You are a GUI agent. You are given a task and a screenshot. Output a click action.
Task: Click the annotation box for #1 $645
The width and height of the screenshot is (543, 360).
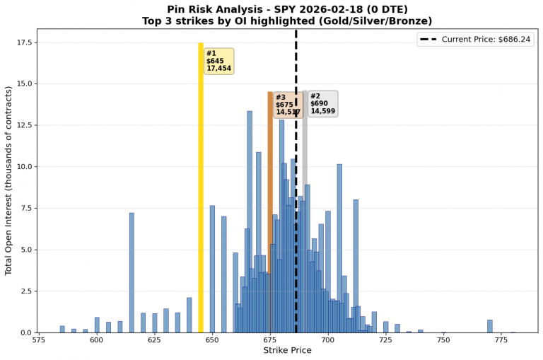218,61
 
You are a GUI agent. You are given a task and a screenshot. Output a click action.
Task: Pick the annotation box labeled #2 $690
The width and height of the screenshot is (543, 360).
322,103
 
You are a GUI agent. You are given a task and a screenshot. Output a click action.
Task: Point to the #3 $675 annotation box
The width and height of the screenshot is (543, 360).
288,104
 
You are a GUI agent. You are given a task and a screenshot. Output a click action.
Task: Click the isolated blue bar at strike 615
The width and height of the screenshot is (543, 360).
132,272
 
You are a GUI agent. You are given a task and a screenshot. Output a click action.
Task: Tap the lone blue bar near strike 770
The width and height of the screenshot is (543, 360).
489,326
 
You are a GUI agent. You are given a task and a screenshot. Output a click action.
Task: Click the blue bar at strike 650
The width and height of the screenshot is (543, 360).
212,269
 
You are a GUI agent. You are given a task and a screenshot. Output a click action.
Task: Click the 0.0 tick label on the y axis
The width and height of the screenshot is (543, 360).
25,332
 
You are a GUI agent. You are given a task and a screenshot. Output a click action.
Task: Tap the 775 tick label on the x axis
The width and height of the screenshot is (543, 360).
501,340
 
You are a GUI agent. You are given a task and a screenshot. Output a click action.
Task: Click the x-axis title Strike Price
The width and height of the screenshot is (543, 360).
287,351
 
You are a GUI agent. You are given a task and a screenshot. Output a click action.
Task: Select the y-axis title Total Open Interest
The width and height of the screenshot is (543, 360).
8,180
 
